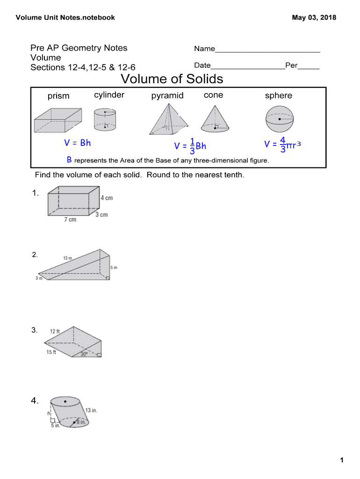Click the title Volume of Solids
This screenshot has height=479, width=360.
172,79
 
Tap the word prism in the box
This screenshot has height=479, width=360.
58,96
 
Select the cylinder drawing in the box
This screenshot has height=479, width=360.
105,119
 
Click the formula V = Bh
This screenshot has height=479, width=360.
78,143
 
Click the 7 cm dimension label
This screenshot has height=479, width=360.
70,220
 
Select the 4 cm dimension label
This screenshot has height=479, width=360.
107,198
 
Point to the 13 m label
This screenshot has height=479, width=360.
67,258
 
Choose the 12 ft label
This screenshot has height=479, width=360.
55,332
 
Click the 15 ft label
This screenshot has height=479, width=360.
51,352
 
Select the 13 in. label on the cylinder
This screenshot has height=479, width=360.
91,410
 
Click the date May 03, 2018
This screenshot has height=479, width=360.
314,18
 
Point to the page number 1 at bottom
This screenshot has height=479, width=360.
342,460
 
